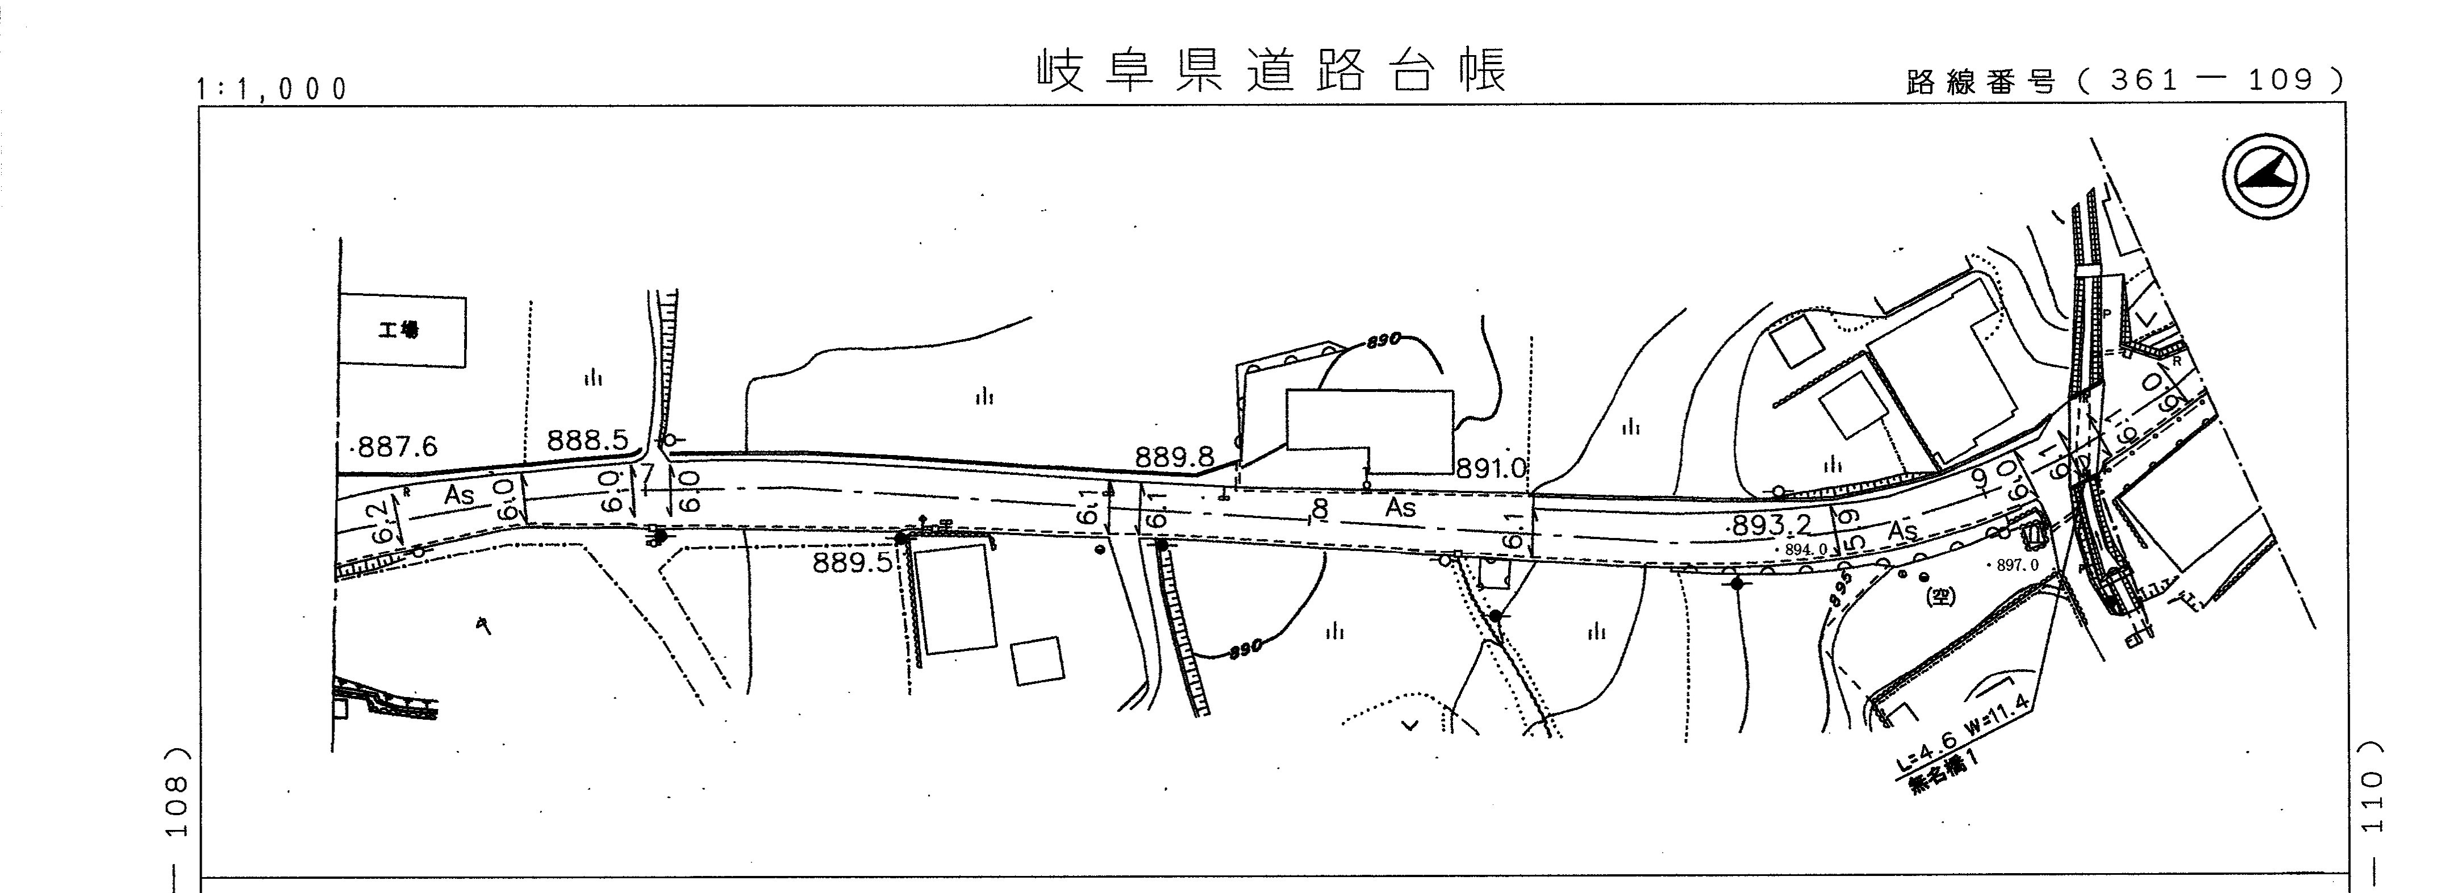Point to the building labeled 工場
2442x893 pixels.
click(403, 330)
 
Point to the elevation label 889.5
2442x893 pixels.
click(852, 563)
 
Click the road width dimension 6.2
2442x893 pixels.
click(382, 520)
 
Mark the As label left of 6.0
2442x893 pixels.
click(459, 495)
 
